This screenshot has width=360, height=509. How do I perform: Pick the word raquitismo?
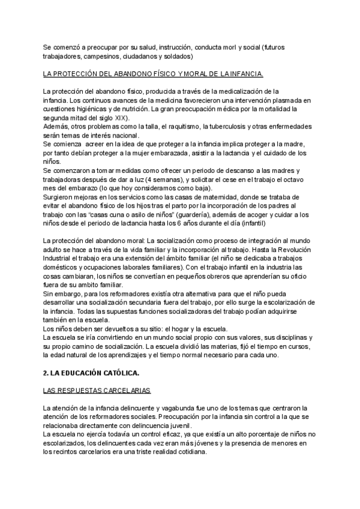click(x=178, y=127)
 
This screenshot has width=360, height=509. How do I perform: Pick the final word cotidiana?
click(x=188, y=453)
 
